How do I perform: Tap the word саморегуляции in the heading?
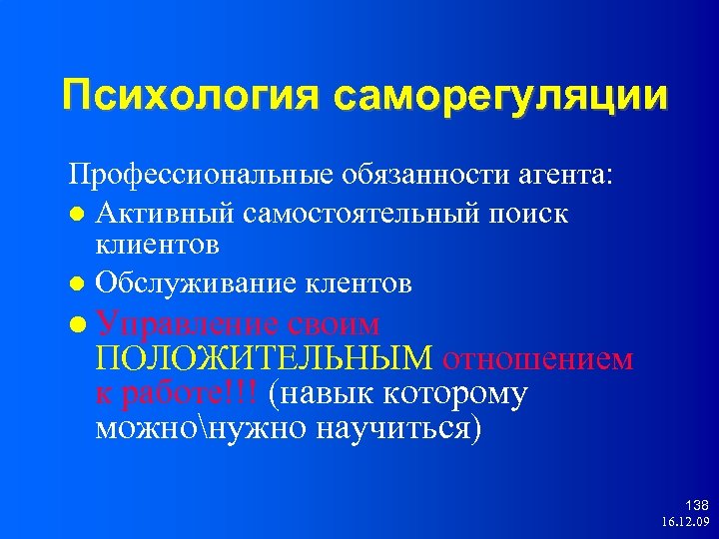[500, 97]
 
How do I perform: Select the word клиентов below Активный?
[158, 243]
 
